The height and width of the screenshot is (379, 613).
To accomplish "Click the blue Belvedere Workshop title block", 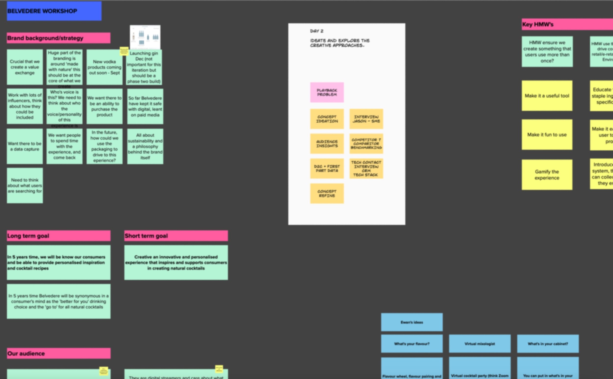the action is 54,11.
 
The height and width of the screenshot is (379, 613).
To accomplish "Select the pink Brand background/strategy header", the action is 58,38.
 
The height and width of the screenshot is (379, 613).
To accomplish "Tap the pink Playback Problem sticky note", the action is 327,92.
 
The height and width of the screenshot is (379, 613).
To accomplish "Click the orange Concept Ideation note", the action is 327,119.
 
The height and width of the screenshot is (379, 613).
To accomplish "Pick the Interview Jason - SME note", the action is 366,119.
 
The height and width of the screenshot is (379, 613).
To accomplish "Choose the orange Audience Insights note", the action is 327,144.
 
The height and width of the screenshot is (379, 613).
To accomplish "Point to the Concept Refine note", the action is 327,193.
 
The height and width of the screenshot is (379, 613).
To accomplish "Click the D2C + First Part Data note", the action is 327,169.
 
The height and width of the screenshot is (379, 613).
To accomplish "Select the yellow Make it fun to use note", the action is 547,135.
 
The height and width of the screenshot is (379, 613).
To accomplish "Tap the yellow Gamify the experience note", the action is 547,175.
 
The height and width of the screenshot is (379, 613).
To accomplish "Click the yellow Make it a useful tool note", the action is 547,96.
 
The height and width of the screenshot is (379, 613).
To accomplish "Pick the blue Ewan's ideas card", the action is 412,322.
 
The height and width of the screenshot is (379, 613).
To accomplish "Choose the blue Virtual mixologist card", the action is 479,344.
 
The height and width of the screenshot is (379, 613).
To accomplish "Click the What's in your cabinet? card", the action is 548,344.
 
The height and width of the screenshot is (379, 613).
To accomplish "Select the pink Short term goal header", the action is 176,236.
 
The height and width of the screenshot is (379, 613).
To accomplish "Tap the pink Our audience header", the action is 58,353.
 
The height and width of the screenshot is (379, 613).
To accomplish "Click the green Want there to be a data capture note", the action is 25,146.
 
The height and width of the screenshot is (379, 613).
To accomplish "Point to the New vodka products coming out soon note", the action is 104,67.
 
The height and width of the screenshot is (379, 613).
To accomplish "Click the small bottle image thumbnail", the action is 145,37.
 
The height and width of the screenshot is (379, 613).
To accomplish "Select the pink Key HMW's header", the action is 567,24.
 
